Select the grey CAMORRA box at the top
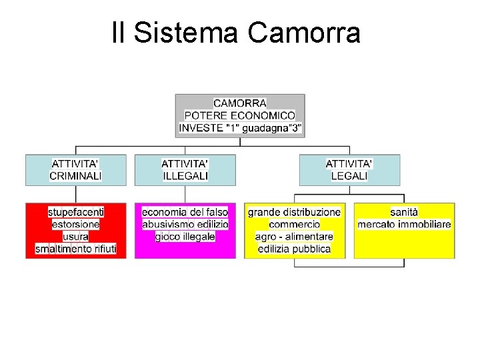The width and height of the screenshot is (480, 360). pos(240,115)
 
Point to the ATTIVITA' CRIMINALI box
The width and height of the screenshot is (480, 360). pos(76,170)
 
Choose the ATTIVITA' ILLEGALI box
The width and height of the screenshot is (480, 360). pos(185,170)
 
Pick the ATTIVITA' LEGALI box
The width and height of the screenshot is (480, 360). pos(349,170)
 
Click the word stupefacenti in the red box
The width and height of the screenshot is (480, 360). pos(76,212)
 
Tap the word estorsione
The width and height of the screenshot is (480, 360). pos(76,224)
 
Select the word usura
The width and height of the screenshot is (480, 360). pos(76,237)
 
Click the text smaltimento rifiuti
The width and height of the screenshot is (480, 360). pos(76,249)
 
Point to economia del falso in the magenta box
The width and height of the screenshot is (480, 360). pos(185,212)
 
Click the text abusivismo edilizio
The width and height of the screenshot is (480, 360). pos(185,224)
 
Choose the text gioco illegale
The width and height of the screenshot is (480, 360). pos(185,237)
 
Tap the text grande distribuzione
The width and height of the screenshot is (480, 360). pos(295,212)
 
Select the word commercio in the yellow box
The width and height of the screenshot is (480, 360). pos(295,224)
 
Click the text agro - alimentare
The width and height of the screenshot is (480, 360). pos(295,237)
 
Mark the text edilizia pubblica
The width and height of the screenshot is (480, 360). pos(295,249)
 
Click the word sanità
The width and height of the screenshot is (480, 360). pos(404,212)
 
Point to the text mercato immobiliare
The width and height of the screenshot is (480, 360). pos(404,224)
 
